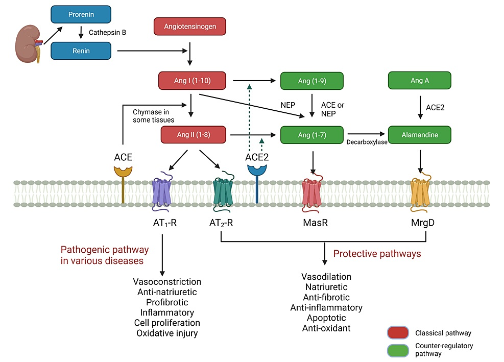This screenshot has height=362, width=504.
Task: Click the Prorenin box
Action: point(81,15)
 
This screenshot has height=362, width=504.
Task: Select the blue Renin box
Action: point(81,51)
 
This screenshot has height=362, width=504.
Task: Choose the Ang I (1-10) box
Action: point(193,81)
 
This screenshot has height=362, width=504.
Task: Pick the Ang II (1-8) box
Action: point(193,135)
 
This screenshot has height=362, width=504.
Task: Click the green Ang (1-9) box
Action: point(311,81)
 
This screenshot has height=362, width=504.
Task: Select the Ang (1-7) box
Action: point(311,135)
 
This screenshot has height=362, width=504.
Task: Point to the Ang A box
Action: point(419,81)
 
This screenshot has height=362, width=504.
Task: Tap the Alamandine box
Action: point(419,135)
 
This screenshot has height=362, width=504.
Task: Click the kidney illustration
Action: point(29,44)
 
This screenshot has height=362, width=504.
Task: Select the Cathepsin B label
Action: point(107,32)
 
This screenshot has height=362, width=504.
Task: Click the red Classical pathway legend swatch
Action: point(398,333)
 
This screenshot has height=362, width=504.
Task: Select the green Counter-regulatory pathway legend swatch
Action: point(398,350)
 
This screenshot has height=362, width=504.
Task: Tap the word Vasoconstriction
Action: point(167,282)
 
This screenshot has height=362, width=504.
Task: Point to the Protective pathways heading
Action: point(377,254)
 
